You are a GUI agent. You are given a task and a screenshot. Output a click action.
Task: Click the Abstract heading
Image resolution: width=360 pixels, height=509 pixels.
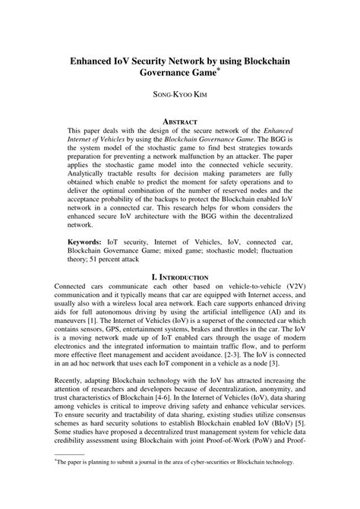(x=179, y=122)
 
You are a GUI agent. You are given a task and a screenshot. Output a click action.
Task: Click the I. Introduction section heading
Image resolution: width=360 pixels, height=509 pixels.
(x=179, y=279)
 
